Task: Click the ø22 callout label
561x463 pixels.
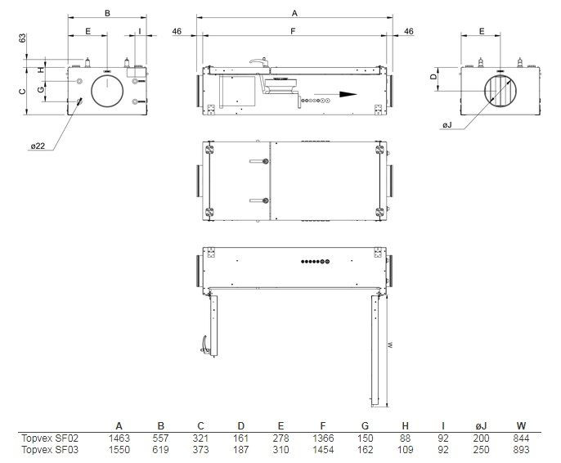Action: pyautogui.click(x=38, y=146)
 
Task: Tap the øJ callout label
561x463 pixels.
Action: pyautogui.click(x=447, y=124)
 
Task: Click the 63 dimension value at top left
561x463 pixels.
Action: pyautogui.click(x=24, y=38)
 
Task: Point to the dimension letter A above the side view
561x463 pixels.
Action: pyautogui.click(x=294, y=12)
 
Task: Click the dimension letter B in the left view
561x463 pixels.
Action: pyautogui.click(x=107, y=12)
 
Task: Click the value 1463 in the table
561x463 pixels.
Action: pyautogui.click(x=119, y=438)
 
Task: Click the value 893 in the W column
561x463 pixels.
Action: pyautogui.click(x=521, y=450)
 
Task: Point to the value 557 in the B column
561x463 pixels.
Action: pyautogui.click(x=160, y=438)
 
